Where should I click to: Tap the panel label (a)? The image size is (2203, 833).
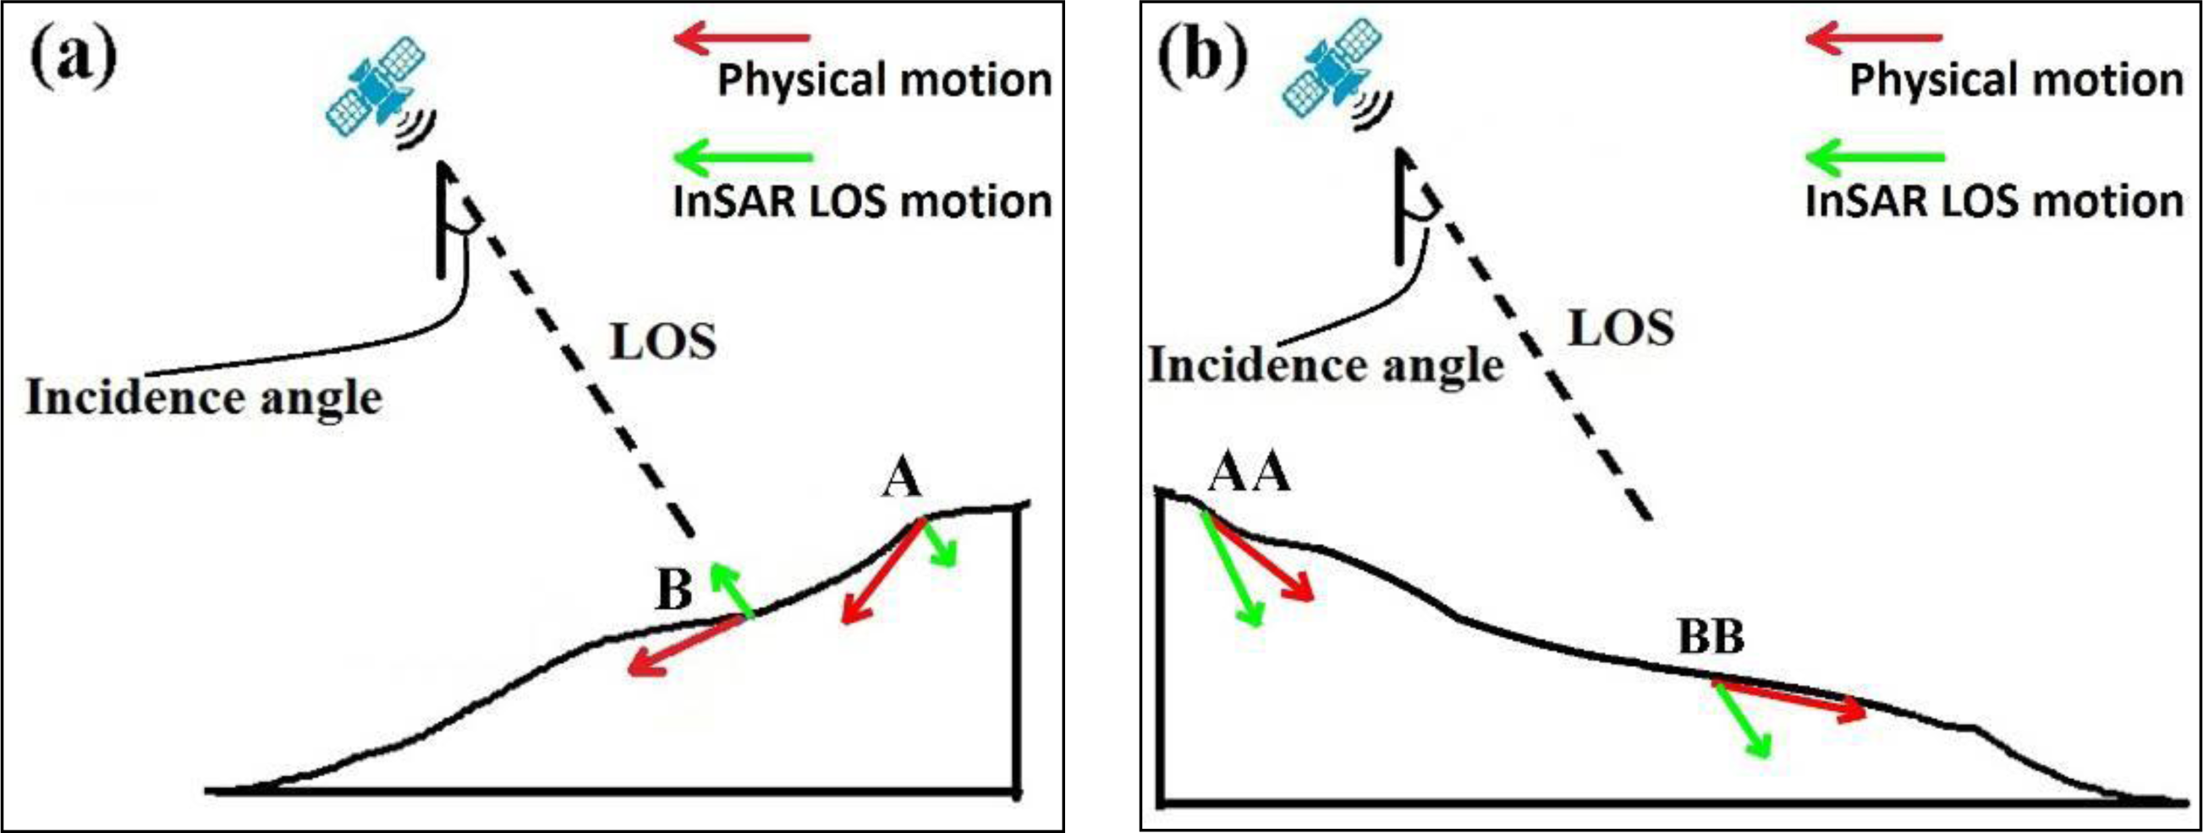click(74, 58)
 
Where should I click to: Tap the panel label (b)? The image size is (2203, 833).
click(1201, 58)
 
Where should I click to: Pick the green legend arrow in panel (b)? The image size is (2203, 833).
click(1875, 157)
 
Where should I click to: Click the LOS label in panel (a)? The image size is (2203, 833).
click(662, 343)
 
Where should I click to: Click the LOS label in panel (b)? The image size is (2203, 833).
click(1621, 328)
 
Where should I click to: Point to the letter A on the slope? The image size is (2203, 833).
click(901, 477)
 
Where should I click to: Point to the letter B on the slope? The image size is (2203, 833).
click(674, 589)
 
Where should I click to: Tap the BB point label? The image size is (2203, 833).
click(1711, 637)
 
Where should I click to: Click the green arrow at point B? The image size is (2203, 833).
click(731, 589)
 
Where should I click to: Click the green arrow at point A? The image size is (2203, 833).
click(939, 543)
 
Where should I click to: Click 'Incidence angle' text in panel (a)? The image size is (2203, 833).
click(204, 398)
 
